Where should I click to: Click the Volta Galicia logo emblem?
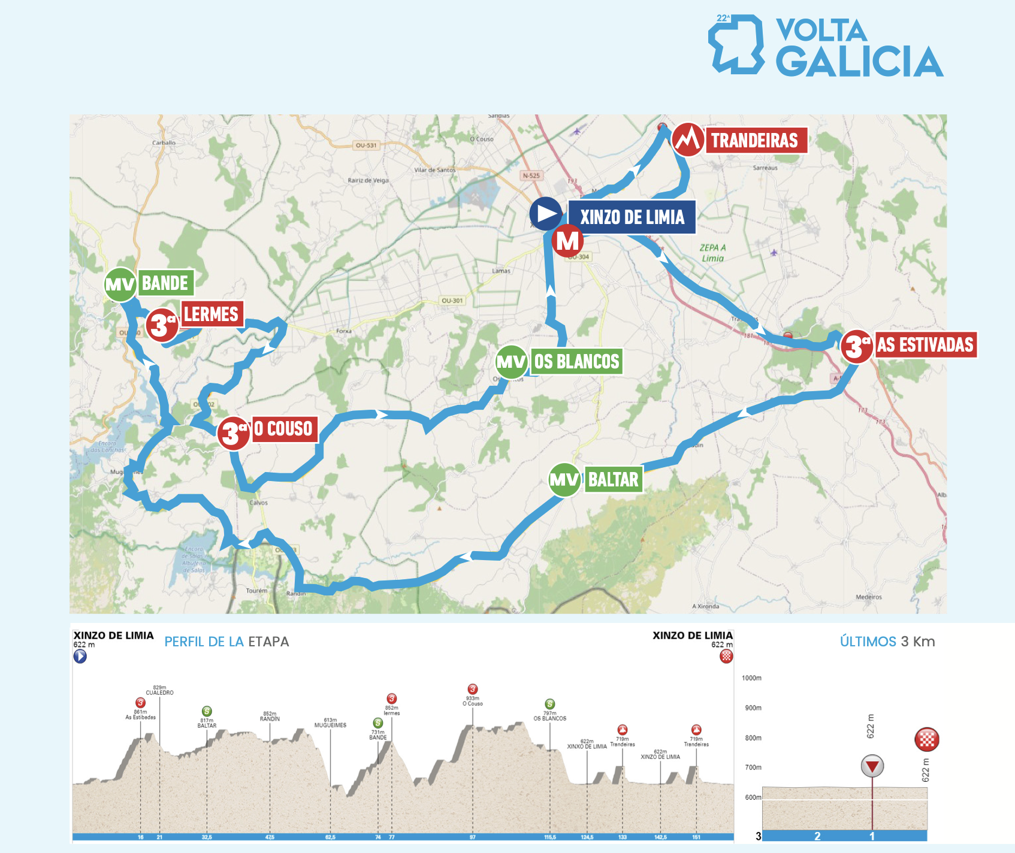point(736,44)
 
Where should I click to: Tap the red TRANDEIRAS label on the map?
point(755,140)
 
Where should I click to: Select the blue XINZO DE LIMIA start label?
point(632,217)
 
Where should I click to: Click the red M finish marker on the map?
point(567,241)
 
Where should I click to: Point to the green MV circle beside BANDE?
point(120,284)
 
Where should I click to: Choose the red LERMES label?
point(212,314)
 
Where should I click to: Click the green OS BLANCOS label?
point(576,362)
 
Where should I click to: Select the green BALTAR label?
point(613,480)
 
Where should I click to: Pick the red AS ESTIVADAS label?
point(925,345)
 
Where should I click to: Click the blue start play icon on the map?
point(546,214)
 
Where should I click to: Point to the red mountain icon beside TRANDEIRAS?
point(687,140)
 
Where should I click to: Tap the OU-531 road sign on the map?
point(366,146)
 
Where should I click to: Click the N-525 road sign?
point(531,176)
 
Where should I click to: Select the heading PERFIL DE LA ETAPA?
point(226,642)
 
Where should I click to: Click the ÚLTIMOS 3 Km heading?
point(887,642)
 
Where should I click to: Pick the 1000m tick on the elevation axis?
point(751,678)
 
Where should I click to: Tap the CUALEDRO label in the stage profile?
point(159,692)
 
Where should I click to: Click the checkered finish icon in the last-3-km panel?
point(926,739)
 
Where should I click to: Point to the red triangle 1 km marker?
point(872,766)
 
